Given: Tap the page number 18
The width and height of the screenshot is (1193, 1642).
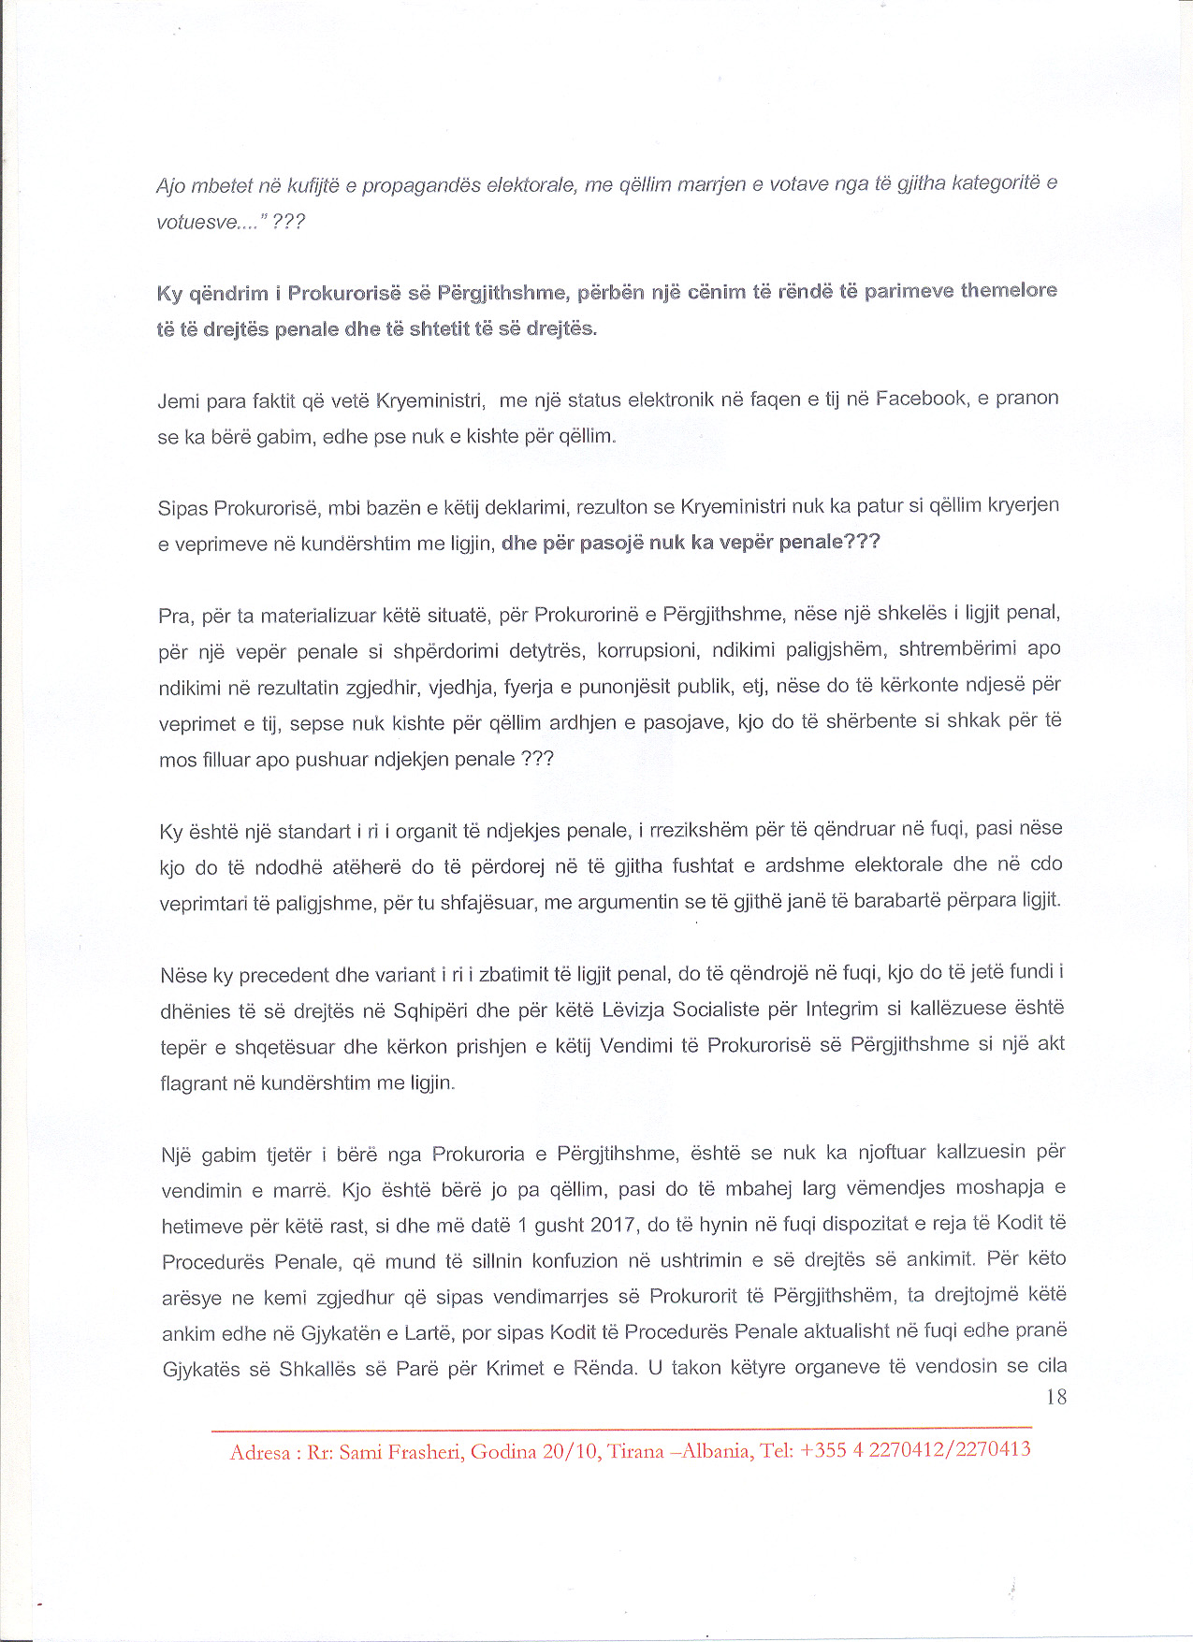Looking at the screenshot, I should (x=1055, y=1397).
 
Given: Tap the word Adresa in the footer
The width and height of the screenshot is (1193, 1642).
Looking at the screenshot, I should (x=260, y=1453).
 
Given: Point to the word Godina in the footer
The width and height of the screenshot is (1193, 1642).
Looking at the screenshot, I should (x=502, y=1452).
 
